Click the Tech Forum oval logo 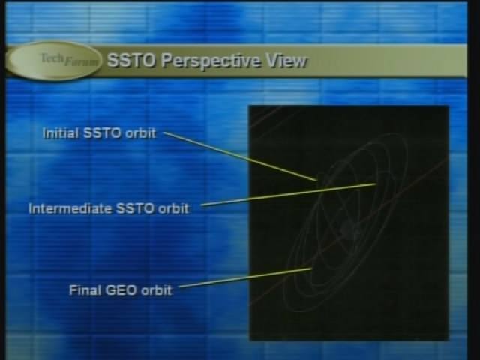click(54, 61)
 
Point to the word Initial click(60, 133)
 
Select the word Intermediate click(70, 208)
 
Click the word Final click(85, 290)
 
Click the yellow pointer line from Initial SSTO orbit click(240, 157)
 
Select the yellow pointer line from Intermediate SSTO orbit click(289, 195)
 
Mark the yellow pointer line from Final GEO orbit click(245, 277)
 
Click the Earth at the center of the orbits click(348, 228)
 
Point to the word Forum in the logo click(82, 61)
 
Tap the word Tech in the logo click(52, 58)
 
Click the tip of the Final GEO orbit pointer click(312, 268)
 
